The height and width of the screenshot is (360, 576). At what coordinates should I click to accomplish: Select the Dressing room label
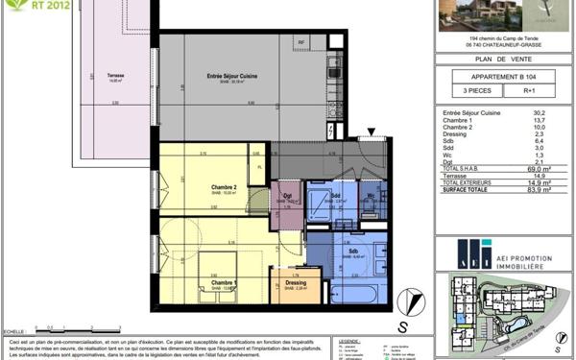click(x=296, y=282)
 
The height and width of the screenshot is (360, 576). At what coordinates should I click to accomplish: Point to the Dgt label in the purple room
click(x=287, y=196)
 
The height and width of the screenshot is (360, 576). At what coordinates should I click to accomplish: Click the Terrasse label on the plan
click(x=116, y=76)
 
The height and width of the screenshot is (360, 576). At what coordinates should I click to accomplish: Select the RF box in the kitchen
click(x=300, y=43)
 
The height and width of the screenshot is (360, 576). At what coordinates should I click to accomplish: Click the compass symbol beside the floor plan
click(x=413, y=299)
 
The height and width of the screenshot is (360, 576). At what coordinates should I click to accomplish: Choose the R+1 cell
click(x=529, y=92)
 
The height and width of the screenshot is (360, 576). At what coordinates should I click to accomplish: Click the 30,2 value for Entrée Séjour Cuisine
click(x=539, y=111)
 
